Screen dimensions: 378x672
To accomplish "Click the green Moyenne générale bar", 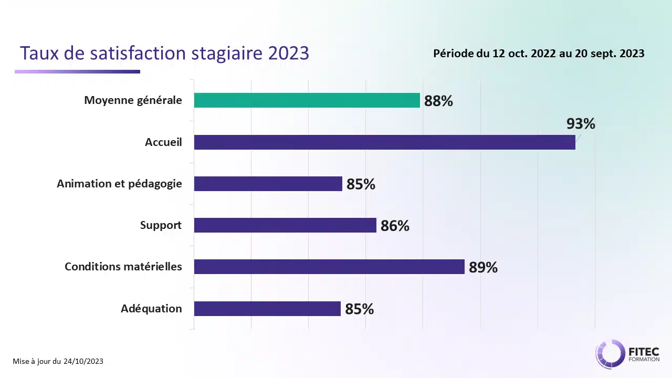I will (x=307, y=100).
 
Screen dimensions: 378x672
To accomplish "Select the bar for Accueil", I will (x=384, y=142).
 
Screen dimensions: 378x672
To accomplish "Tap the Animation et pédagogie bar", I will (x=268, y=184).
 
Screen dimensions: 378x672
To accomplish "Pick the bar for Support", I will (x=285, y=225).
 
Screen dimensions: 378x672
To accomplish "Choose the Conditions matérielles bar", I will (x=329, y=267).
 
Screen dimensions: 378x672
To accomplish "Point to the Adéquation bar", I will (x=267, y=309).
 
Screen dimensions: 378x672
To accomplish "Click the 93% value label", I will (x=581, y=124).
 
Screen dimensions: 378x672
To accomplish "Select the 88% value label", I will (x=438, y=101).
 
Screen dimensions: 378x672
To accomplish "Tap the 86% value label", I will (x=395, y=226).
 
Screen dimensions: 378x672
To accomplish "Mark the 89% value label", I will (x=483, y=268).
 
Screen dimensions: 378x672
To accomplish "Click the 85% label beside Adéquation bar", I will (x=359, y=309).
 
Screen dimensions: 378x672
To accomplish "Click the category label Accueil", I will (x=163, y=142).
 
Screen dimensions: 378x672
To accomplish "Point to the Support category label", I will (x=161, y=225).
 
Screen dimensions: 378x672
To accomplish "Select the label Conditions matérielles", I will (x=123, y=267).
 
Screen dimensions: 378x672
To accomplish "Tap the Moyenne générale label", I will (x=133, y=100).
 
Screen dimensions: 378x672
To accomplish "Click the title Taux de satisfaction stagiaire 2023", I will (x=164, y=53).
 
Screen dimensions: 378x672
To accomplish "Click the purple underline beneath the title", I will (x=77, y=71).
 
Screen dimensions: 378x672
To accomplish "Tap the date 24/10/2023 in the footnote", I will (x=83, y=361).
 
